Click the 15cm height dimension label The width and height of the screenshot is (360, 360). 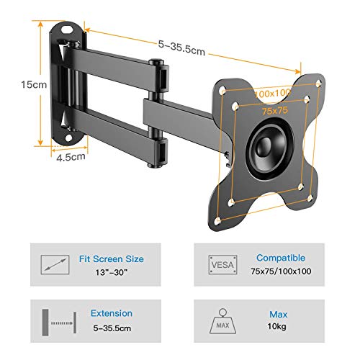click(34, 84)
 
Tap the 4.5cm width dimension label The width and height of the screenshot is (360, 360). click(71, 157)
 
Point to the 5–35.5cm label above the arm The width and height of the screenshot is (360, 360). click(181, 48)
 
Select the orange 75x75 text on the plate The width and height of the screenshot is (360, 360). click(274, 111)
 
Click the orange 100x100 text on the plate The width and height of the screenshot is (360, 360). click(272, 93)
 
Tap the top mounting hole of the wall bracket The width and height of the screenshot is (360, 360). click(68, 30)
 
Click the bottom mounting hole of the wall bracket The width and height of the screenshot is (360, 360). click(69, 138)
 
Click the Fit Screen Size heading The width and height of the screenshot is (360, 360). click(112, 259)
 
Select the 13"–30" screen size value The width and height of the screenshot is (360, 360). click(111, 272)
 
